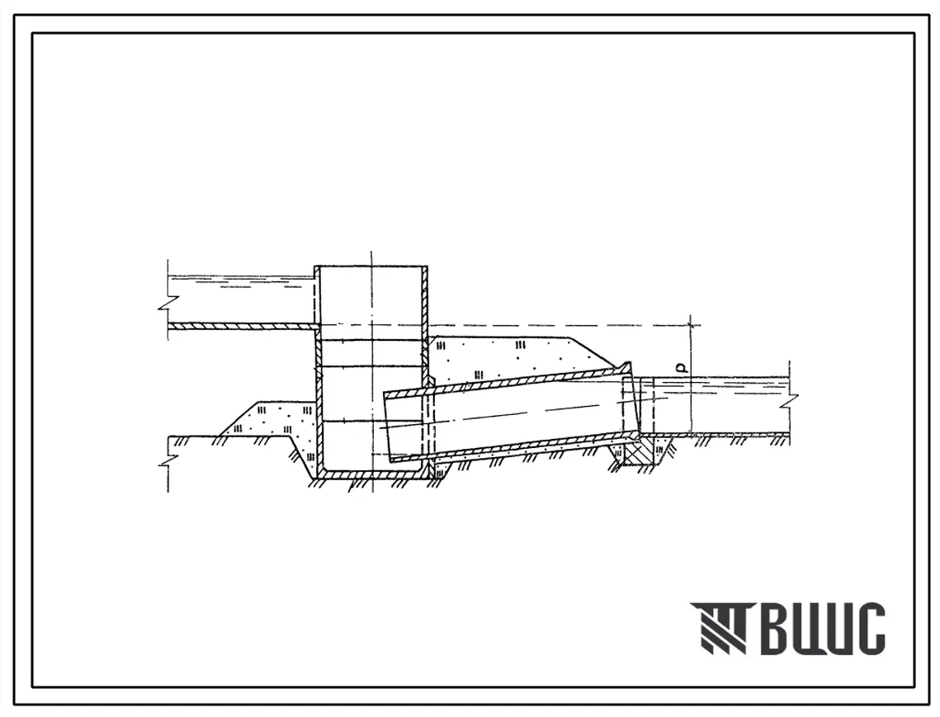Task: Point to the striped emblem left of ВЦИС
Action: (719, 628)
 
